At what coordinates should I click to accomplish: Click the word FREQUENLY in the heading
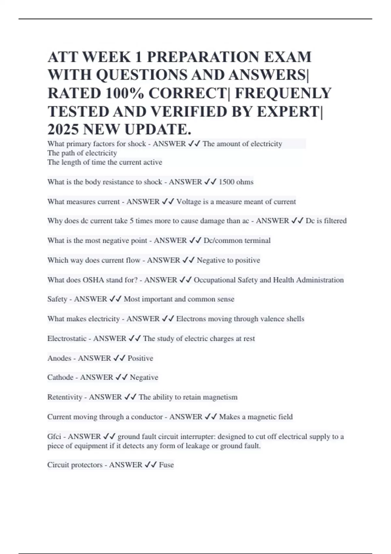(x=283, y=94)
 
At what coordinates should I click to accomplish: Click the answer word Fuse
(x=166, y=465)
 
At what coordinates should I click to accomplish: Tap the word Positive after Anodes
(x=140, y=358)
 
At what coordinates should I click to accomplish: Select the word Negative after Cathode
(x=144, y=377)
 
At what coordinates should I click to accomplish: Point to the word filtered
(x=335, y=221)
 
